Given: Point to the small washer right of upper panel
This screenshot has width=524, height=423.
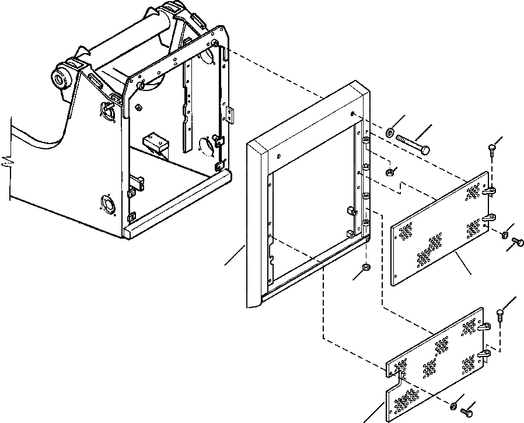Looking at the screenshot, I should pyautogui.click(x=503, y=235).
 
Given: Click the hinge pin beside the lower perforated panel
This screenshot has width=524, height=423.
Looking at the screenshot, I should pyautogui.click(x=500, y=314).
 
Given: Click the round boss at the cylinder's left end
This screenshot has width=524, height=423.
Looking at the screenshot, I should pyautogui.click(x=60, y=78).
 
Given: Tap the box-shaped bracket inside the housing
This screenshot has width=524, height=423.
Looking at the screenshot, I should pyautogui.click(x=155, y=142).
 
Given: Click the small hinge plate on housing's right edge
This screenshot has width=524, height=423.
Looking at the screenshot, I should pyautogui.click(x=230, y=114).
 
